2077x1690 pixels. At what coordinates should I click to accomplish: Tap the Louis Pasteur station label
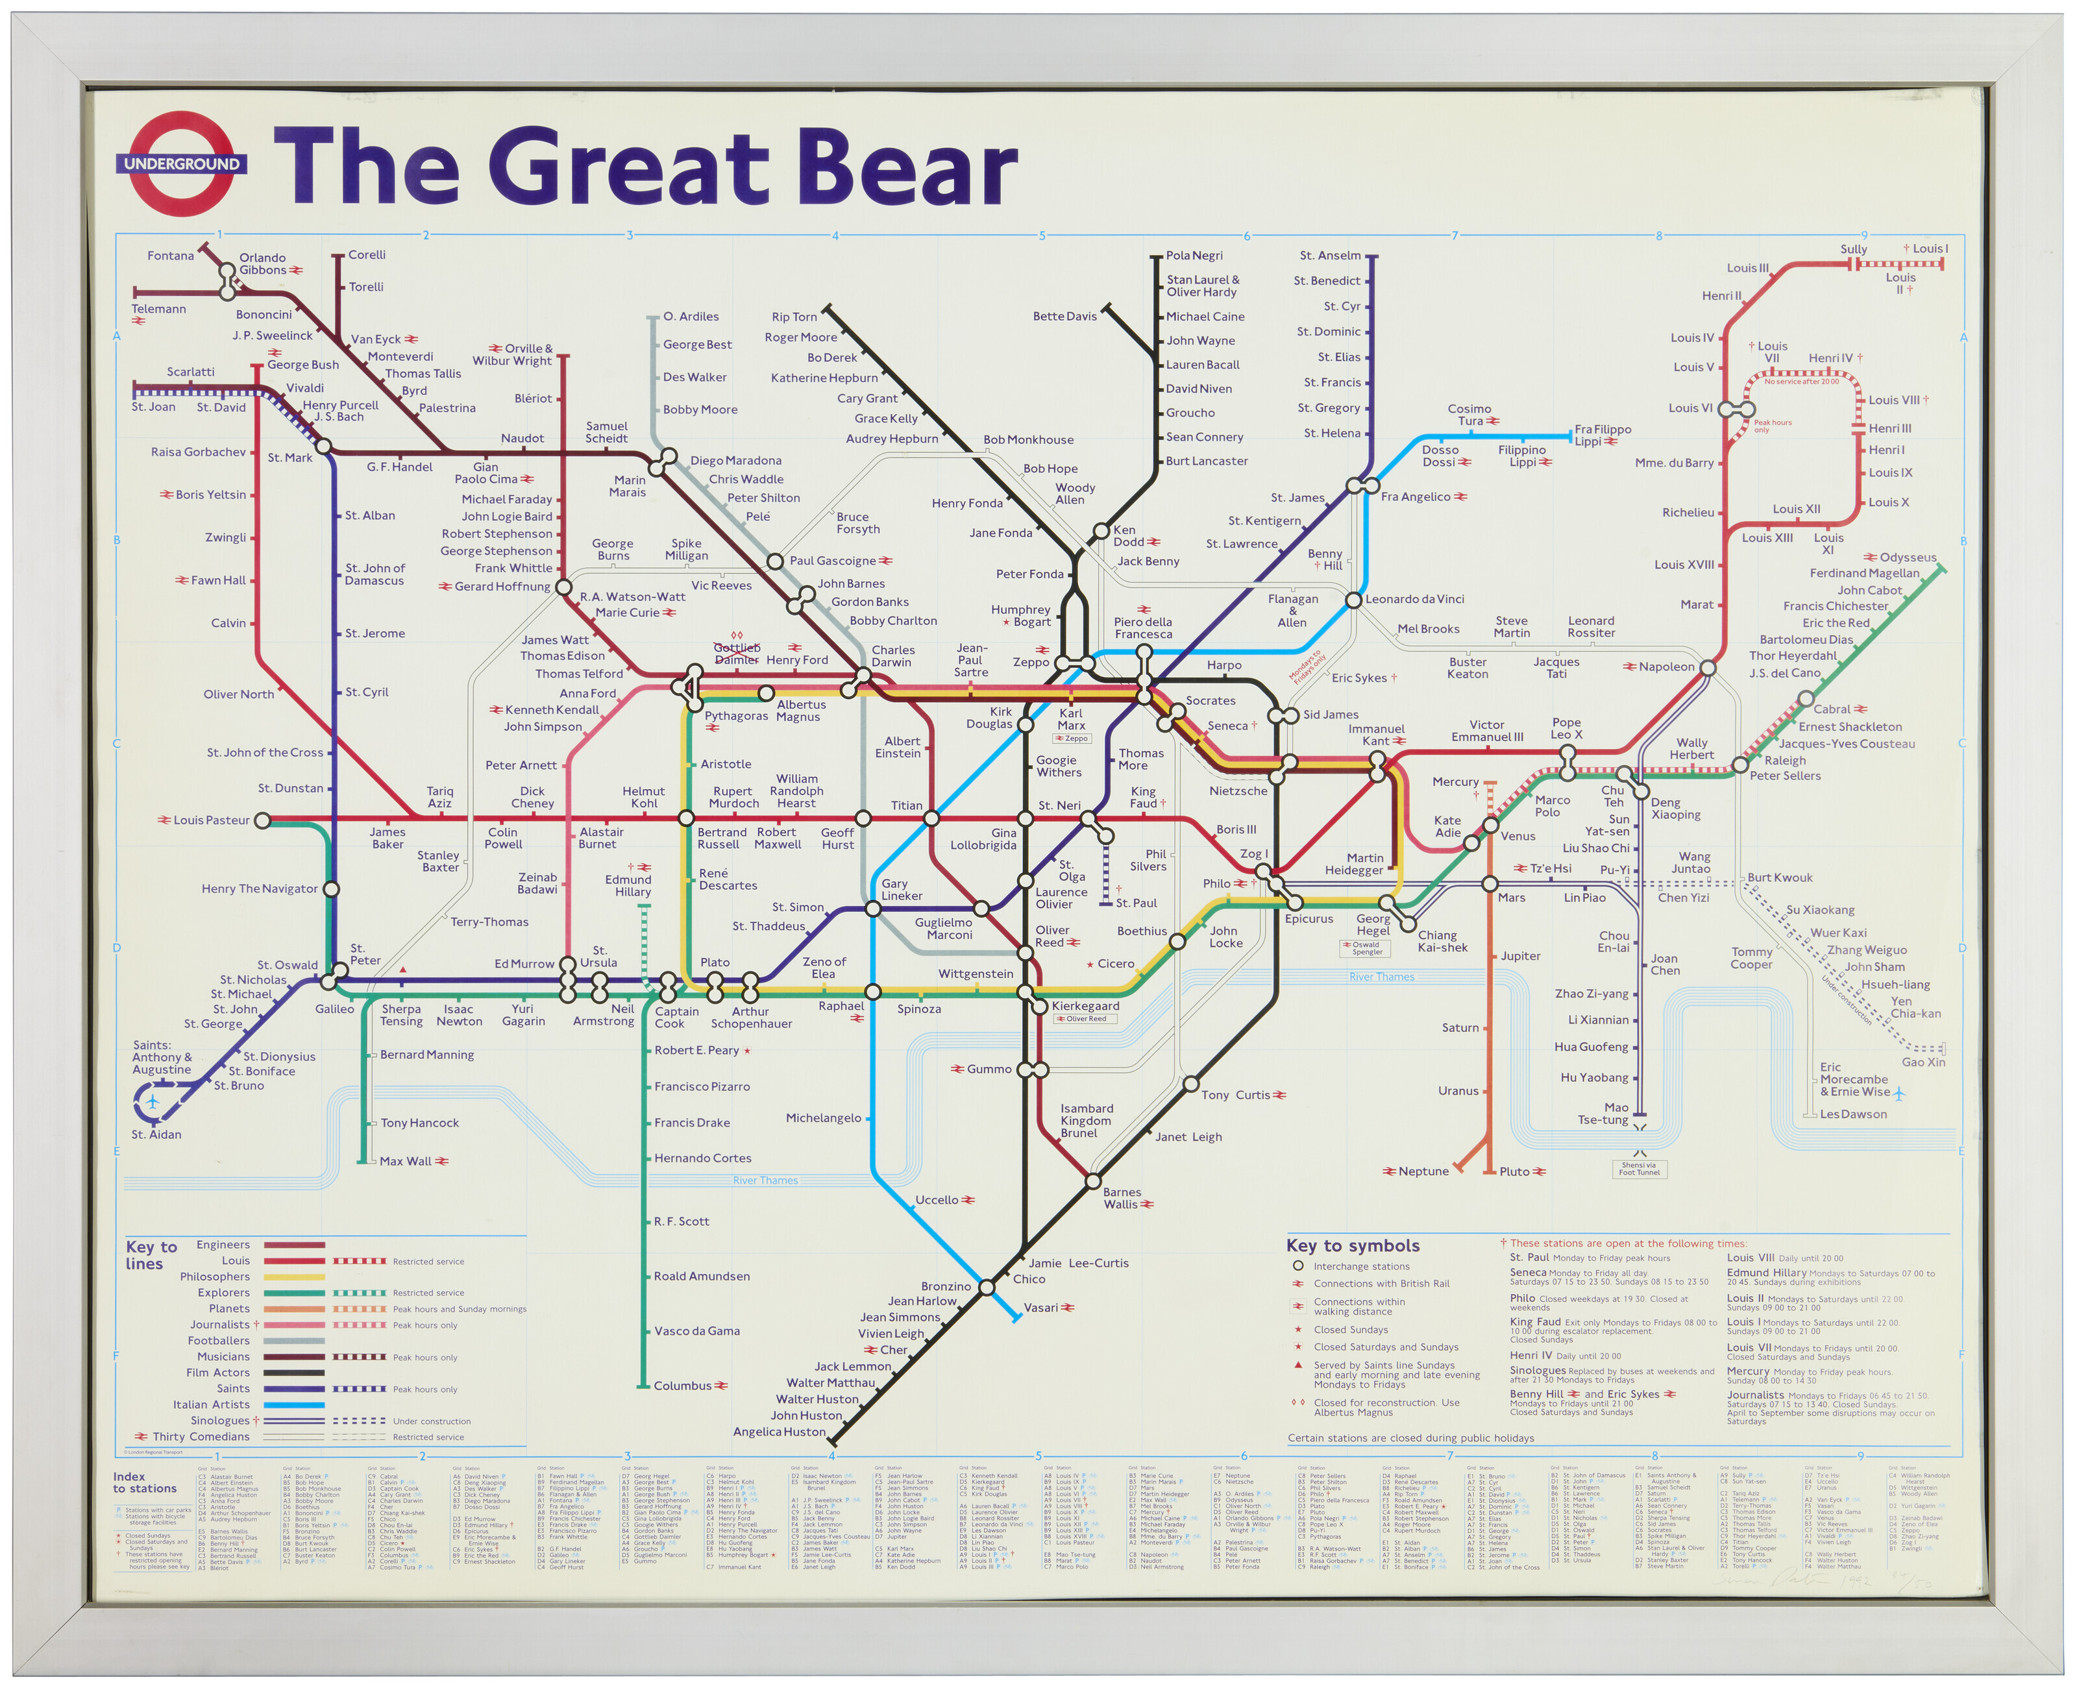coord(210,820)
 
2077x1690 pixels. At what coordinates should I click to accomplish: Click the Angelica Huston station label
coord(778,1431)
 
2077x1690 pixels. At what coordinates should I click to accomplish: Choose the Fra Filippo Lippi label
coord(1602,435)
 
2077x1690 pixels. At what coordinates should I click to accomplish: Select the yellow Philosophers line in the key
coord(294,1276)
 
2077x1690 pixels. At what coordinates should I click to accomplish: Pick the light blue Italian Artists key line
coord(294,1404)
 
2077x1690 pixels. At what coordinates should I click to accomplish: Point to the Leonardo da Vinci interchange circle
coord(1353,600)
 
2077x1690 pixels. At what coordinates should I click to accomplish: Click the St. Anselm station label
coord(1329,255)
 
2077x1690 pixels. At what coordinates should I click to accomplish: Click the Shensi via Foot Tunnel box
coord(1639,1168)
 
